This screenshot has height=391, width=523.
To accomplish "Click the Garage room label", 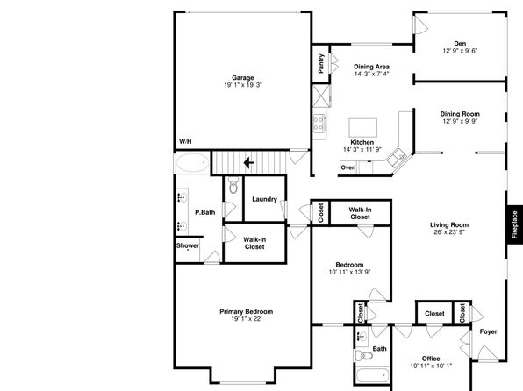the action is [x=243, y=78].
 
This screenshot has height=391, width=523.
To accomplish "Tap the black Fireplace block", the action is [x=514, y=224].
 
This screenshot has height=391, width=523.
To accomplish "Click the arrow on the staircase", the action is [x=249, y=163].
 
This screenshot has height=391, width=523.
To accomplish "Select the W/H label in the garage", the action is [x=185, y=141].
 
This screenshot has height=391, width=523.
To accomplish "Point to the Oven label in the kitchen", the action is [x=348, y=167].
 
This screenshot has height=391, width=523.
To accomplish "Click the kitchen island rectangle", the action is [x=363, y=128].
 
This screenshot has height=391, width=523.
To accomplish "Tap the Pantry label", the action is [x=321, y=63].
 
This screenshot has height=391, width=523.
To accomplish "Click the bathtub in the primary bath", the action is [x=192, y=163].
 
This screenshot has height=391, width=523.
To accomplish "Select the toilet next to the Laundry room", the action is [x=233, y=185].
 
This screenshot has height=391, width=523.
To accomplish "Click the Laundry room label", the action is [x=264, y=199].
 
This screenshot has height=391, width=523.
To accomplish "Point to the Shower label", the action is [x=188, y=245].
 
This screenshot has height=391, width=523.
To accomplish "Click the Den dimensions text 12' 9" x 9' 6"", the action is [x=461, y=51].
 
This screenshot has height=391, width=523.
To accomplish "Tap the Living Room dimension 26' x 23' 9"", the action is [x=449, y=232].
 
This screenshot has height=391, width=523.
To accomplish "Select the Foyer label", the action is [x=488, y=331].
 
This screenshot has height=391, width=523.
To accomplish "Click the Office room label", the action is [x=431, y=359].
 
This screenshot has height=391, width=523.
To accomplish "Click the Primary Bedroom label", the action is [x=247, y=312].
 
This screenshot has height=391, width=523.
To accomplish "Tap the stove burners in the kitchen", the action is [x=319, y=123].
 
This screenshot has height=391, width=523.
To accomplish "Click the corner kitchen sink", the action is [x=398, y=157].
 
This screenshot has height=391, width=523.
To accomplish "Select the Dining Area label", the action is [x=371, y=67].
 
